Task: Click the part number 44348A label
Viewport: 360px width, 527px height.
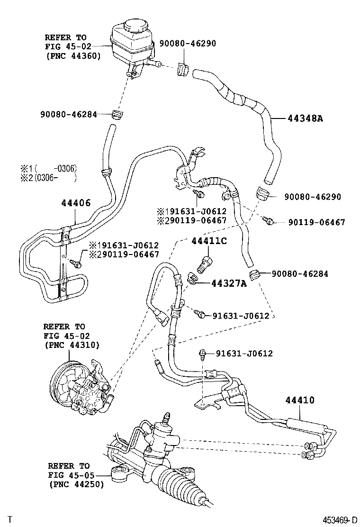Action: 305,118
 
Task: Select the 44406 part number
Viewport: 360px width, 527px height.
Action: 75,203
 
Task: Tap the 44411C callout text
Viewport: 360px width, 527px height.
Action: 209,241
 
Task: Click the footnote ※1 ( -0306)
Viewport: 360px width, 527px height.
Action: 48,168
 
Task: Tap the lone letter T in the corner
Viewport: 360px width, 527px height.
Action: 10,519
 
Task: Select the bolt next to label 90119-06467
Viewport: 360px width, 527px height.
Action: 269,221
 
